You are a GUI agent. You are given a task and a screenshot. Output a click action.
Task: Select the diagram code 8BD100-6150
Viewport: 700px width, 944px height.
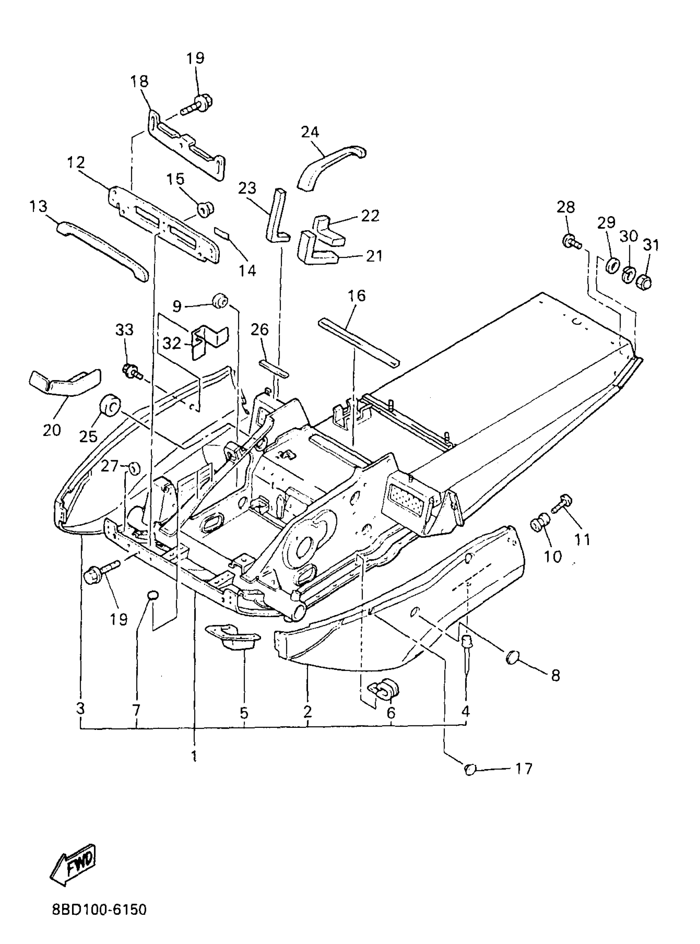100,909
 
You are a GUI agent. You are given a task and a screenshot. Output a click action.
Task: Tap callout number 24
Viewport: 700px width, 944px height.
310,132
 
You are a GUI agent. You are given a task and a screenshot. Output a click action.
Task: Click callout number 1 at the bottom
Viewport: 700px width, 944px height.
194,756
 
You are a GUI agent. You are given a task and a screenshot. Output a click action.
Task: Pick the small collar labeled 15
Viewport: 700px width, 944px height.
206,209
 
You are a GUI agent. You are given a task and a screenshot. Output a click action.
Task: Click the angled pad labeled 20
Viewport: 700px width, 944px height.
66,382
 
